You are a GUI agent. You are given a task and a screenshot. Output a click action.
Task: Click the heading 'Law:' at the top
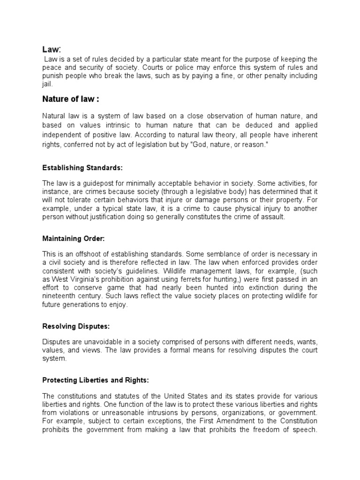[52, 49]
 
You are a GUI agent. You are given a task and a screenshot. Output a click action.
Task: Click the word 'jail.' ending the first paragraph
[48, 84]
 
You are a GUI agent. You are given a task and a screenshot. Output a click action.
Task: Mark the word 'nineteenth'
[60, 296]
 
